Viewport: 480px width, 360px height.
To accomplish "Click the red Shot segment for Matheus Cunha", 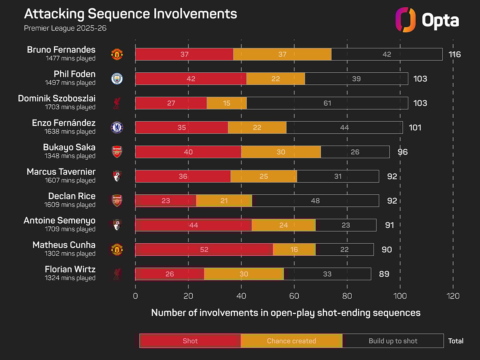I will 204,250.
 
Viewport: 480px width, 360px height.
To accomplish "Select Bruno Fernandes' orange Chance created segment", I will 282,54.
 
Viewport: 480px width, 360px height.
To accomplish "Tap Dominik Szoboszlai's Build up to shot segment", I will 327,103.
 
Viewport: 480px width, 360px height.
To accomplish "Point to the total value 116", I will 454,54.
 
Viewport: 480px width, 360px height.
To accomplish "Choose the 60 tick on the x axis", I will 294,296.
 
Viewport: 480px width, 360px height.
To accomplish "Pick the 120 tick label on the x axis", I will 453,296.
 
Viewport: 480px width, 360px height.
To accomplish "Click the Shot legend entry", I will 190,341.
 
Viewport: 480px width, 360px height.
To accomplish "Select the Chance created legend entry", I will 291,341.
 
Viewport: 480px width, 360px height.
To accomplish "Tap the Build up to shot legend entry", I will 393,341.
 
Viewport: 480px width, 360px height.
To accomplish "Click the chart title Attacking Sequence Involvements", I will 130,14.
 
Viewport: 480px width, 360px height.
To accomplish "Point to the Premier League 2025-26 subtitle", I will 66,28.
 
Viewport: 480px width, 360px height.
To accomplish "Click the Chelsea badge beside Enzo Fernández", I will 117,128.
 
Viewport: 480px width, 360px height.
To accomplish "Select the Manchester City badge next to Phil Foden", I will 117,79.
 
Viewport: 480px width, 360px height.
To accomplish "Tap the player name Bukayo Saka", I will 69,147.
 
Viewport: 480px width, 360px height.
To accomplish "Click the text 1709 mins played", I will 70,229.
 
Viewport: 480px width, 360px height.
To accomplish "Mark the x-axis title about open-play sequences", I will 286,313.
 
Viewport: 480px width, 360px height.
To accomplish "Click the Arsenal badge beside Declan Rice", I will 117,200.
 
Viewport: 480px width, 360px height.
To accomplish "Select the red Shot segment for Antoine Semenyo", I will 194,225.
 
